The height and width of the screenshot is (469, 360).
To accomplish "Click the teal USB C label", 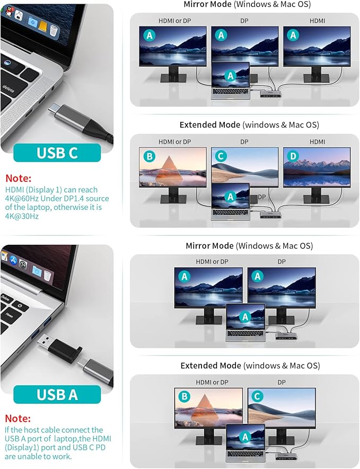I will (57, 153).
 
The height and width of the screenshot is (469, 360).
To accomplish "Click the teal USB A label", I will (57, 394).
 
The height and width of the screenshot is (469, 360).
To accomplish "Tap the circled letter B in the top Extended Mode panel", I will (150, 156).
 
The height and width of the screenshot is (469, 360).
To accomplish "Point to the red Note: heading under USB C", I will (19, 179).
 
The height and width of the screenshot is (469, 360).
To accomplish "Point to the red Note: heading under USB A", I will (19, 419).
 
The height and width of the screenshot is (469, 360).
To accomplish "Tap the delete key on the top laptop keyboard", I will (8, 87).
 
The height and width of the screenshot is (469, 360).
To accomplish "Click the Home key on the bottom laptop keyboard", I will (10, 314).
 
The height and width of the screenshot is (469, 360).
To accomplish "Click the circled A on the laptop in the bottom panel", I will (244, 437).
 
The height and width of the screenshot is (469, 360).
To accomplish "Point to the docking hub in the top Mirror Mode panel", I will (269, 93).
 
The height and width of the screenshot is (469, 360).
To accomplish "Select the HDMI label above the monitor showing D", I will (317, 141).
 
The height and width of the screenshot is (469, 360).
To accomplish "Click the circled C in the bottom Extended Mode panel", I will (257, 396).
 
